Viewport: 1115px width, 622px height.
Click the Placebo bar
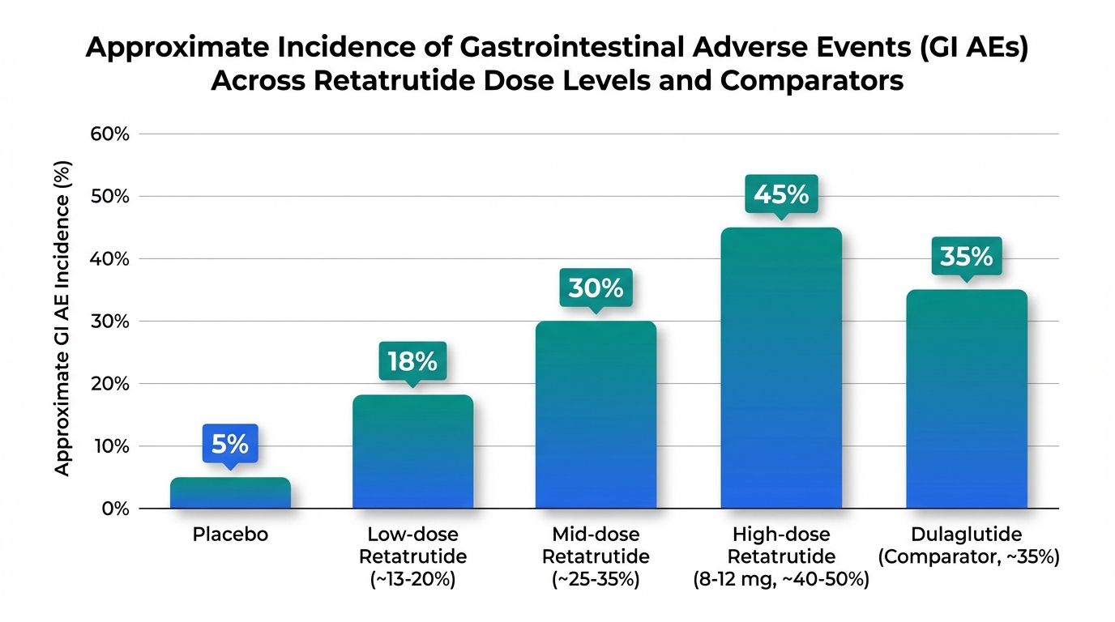tap(230, 493)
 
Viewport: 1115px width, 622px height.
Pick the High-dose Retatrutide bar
tap(781, 369)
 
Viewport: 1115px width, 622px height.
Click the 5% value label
tap(230, 444)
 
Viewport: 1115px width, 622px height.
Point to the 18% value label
tap(412, 361)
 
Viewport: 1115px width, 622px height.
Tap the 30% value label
tap(596, 288)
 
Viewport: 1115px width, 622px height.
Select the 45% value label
tap(781, 194)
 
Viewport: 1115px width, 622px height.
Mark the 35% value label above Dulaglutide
tap(966, 257)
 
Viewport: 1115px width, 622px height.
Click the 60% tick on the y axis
tap(111, 134)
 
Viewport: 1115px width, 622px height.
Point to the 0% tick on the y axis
tap(116, 509)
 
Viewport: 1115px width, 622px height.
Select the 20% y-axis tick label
tap(111, 384)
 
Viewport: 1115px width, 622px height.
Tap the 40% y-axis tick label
tap(111, 259)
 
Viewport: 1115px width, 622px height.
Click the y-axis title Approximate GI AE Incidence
tap(65, 319)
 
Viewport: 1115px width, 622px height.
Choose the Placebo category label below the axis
tap(230, 535)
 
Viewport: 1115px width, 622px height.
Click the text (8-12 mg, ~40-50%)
tap(781, 580)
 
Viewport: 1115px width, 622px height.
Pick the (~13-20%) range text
tap(412, 580)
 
